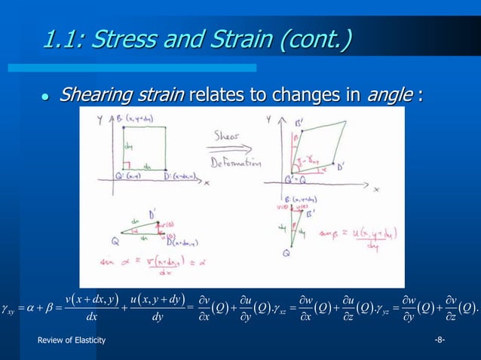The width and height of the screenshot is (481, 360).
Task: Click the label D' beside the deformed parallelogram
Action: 341,166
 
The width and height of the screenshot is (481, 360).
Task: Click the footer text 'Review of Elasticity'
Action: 72,341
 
